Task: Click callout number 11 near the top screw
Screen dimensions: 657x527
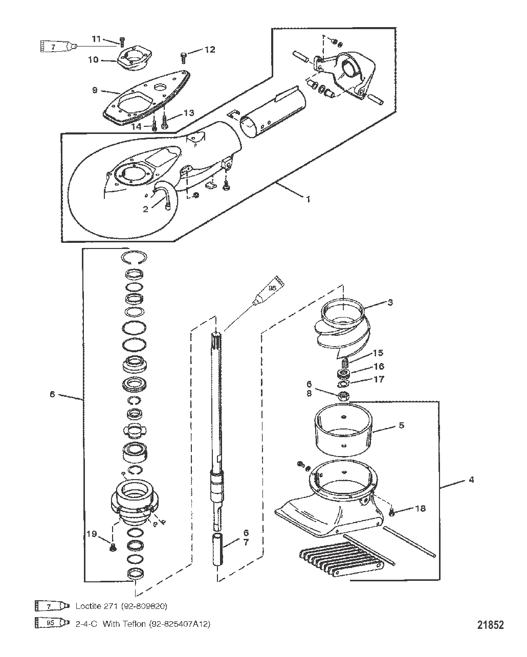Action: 97,39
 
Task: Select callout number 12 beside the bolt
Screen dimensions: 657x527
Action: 210,50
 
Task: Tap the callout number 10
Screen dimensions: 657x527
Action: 93,60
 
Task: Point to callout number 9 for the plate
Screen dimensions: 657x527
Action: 95,90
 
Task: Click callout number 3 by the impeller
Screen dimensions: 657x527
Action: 390,302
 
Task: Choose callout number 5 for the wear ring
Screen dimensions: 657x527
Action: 402,425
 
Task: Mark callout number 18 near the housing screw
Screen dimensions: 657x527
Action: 421,509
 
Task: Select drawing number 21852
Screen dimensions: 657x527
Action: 490,625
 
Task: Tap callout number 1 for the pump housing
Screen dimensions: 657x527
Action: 308,199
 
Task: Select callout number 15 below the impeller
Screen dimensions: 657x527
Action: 378,353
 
